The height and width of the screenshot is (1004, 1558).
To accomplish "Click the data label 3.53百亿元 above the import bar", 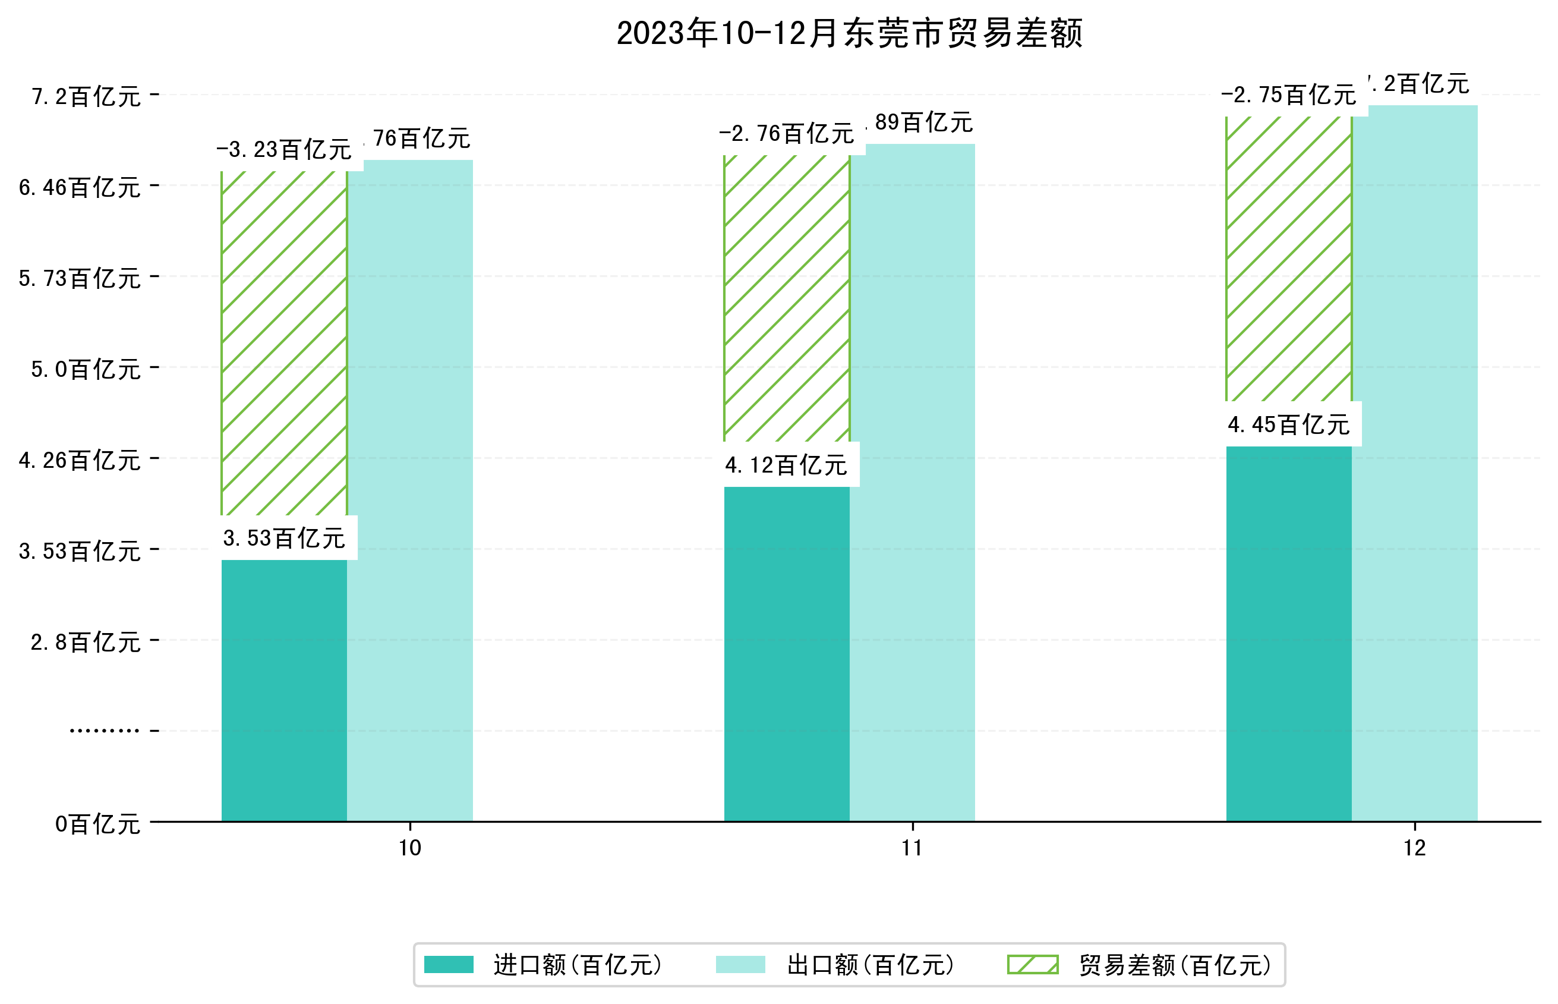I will coord(283,539).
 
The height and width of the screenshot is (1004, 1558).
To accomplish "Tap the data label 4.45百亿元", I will coord(1288,425).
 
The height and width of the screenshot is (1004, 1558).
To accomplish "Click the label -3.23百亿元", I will coord(283,150).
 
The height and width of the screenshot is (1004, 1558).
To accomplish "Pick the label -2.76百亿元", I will coord(786,134).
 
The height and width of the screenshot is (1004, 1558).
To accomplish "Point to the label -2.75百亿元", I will coord(1288,95).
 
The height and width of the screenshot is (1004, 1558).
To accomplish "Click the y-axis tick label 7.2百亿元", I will coord(86,96).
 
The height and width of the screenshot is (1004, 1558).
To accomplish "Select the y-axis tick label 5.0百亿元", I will coord(86,370).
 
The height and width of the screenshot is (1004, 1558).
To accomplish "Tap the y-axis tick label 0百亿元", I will coord(97,824).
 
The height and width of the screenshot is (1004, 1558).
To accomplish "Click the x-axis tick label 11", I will coord(912,848).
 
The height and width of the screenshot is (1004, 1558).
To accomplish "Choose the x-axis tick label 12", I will coord(1414,848).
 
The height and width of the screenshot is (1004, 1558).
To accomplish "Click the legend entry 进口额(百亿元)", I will coord(578,965).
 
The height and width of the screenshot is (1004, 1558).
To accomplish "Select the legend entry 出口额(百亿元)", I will coord(870,965).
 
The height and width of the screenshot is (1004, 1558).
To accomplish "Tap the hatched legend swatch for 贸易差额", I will coord(1032,964).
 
